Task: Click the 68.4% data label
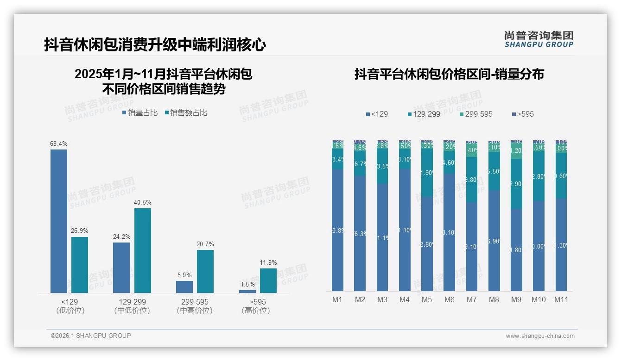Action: pos(59,144)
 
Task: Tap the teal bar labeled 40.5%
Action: pos(143,250)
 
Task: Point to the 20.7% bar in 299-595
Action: pos(205,271)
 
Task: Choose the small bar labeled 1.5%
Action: pos(247,291)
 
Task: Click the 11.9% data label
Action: pos(268,263)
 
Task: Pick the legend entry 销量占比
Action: pos(140,113)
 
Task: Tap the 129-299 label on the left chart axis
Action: pos(132,302)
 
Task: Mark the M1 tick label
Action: pos(337,299)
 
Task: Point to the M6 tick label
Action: pos(449,299)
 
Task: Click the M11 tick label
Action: pos(561,299)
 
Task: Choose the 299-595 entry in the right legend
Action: pos(476,114)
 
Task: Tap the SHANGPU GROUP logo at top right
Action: pos(539,39)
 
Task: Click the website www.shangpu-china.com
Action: pos(540,336)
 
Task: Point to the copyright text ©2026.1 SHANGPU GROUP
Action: pos(91,336)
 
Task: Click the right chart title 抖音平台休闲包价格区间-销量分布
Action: pos(449,74)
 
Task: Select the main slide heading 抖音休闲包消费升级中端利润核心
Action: pos(155,44)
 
